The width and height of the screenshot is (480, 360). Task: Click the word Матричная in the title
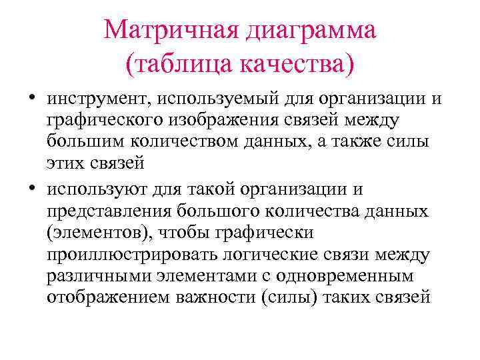click(x=174, y=30)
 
